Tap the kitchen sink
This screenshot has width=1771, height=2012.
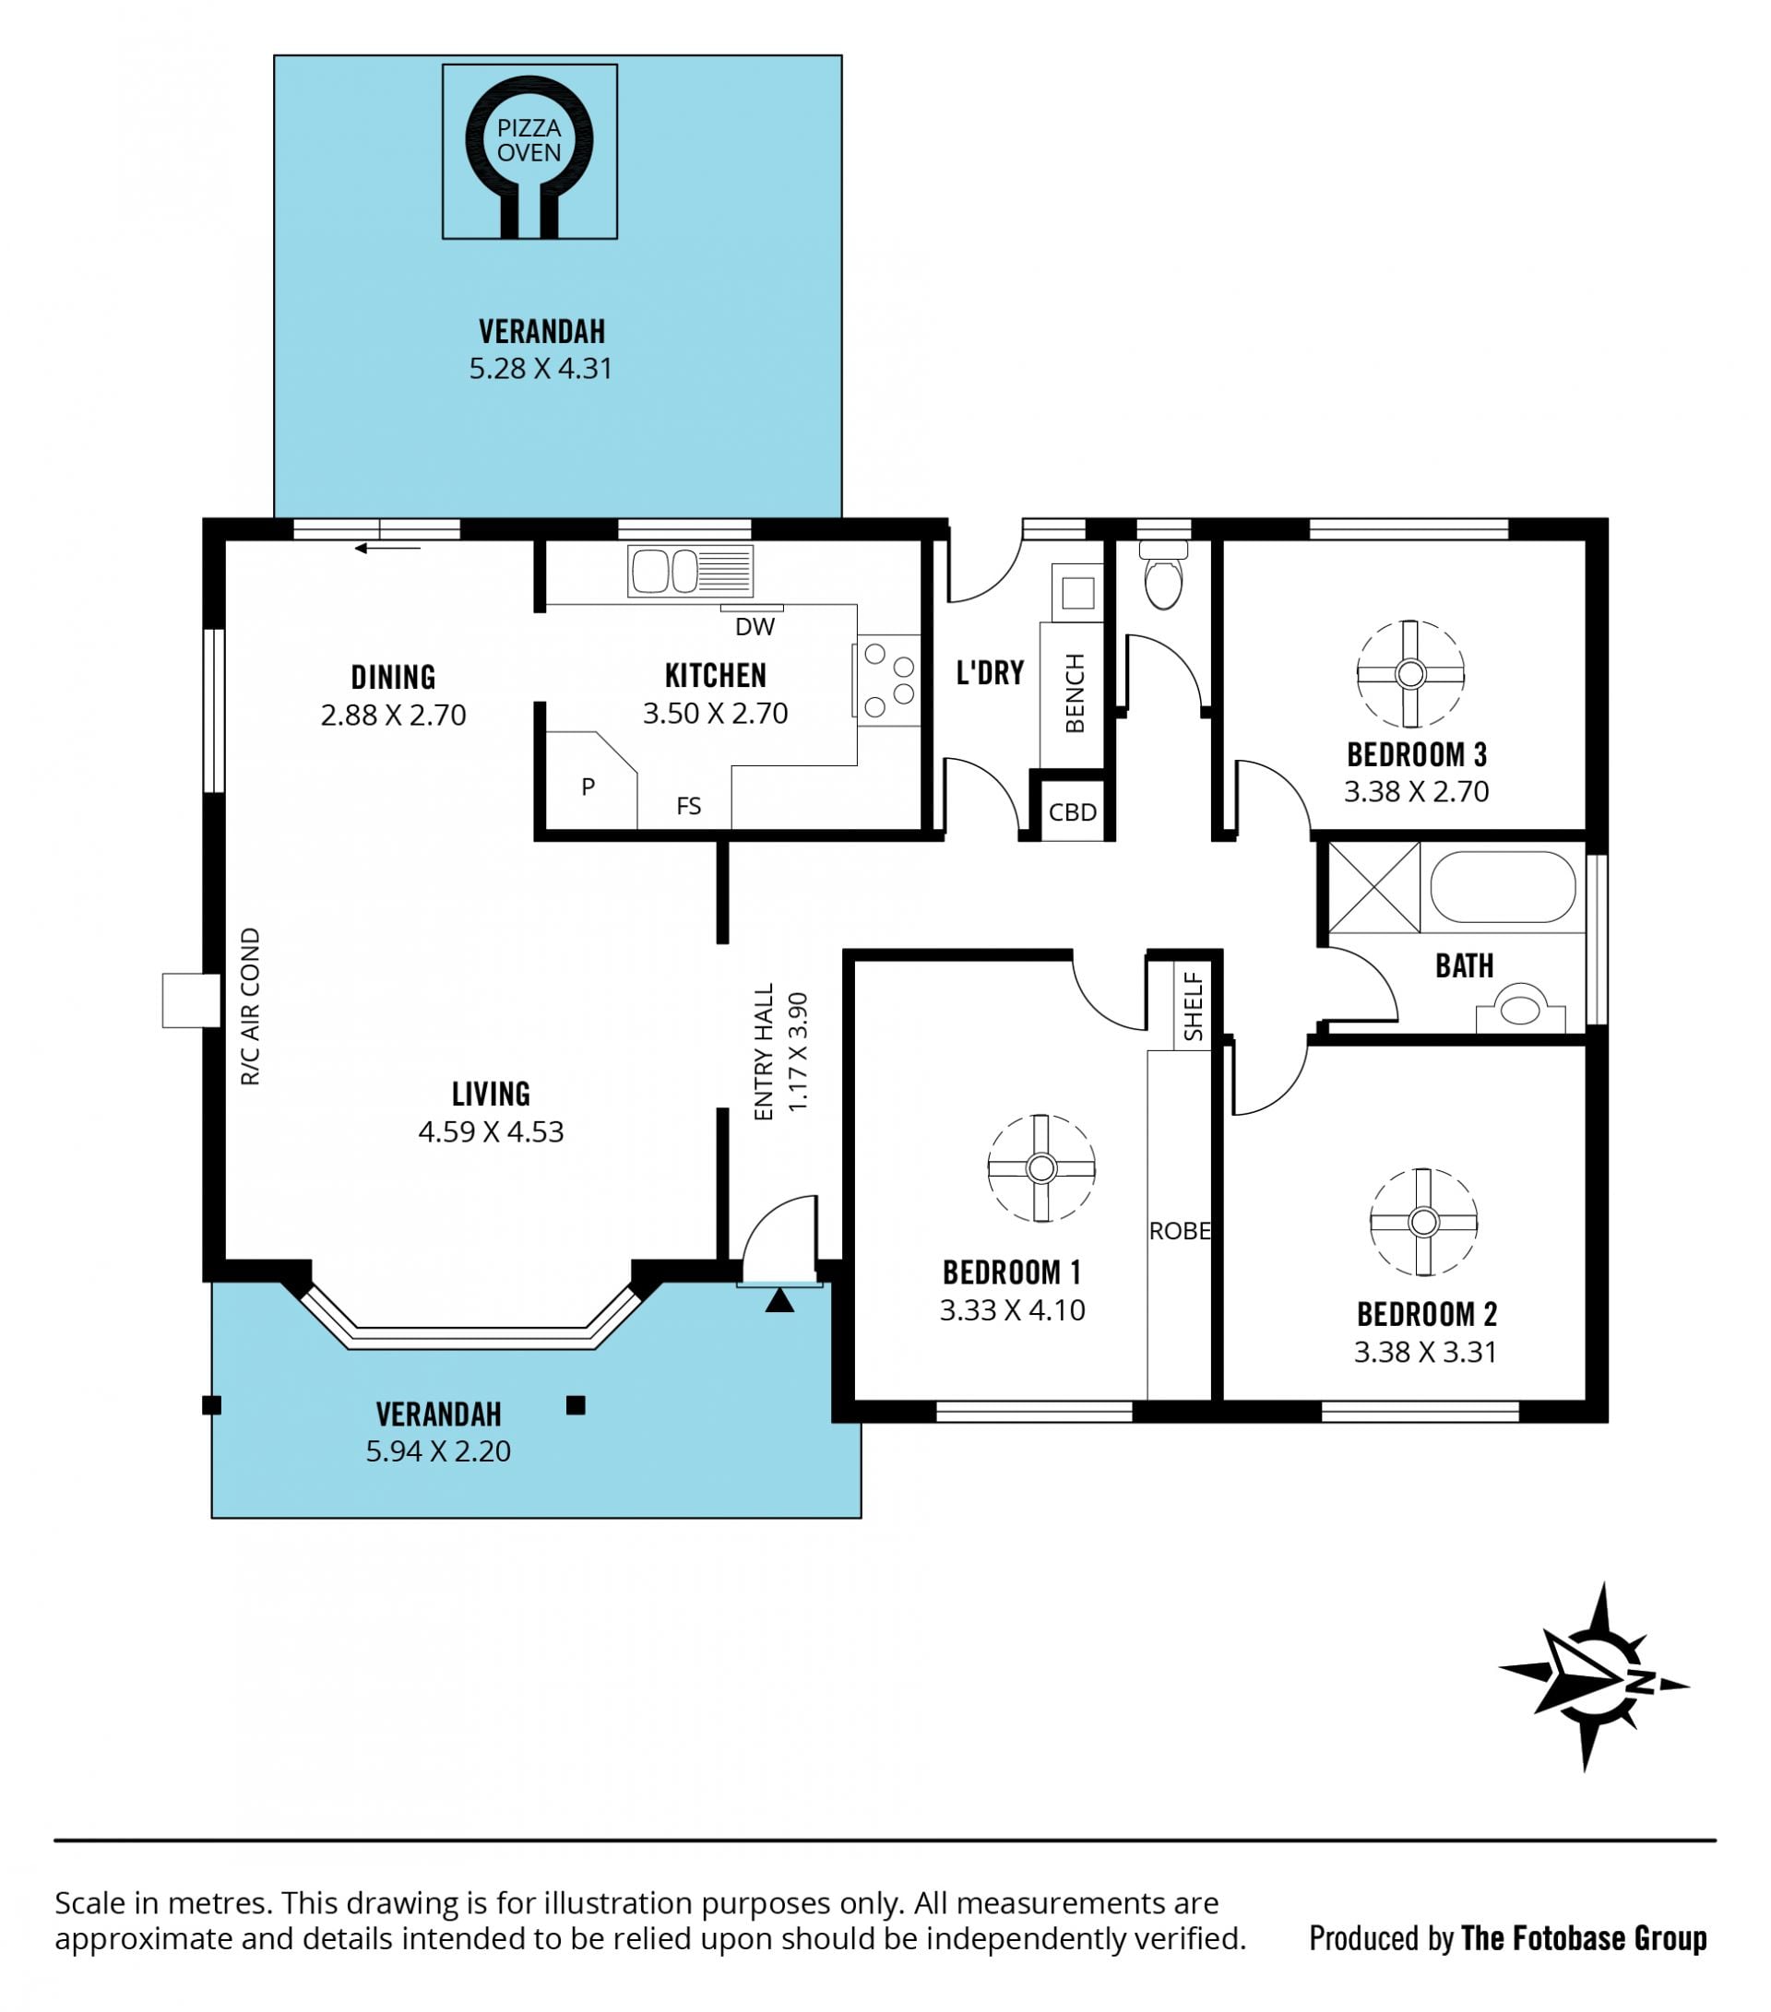pyautogui.click(x=690, y=571)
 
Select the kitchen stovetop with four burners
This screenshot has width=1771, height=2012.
pyautogui.click(x=889, y=681)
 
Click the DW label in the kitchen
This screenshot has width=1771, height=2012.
pyautogui.click(x=755, y=627)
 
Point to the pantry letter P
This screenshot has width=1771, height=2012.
pyautogui.click(x=588, y=787)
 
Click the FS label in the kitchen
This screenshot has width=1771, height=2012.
pyautogui.click(x=689, y=806)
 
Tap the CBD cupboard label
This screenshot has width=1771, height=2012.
pyautogui.click(x=1072, y=812)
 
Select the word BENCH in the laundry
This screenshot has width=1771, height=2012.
pyautogui.click(x=1075, y=693)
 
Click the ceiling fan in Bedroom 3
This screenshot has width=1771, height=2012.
pyautogui.click(x=1410, y=674)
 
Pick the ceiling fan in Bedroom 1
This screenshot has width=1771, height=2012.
pyautogui.click(x=1041, y=1168)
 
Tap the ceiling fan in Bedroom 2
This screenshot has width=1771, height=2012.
pyautogui.click(x=1423, y=1223)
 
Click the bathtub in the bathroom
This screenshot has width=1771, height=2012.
pyautogui.click(x=1504, y=887)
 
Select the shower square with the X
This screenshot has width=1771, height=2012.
pyautogui.click(x=1374, y=888)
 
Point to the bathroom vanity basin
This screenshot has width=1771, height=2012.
pyautogui.click(x=1520, y=1010)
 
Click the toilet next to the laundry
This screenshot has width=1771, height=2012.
pyautogui.click(x=1164, y=574)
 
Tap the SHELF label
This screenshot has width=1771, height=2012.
pyautogui.click(x=1194, y=1007)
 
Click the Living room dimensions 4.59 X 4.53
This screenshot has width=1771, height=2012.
pyautogui.click(x=492, y=1132)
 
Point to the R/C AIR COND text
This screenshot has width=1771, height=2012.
pyautogui.click(x=251, y=1007)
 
